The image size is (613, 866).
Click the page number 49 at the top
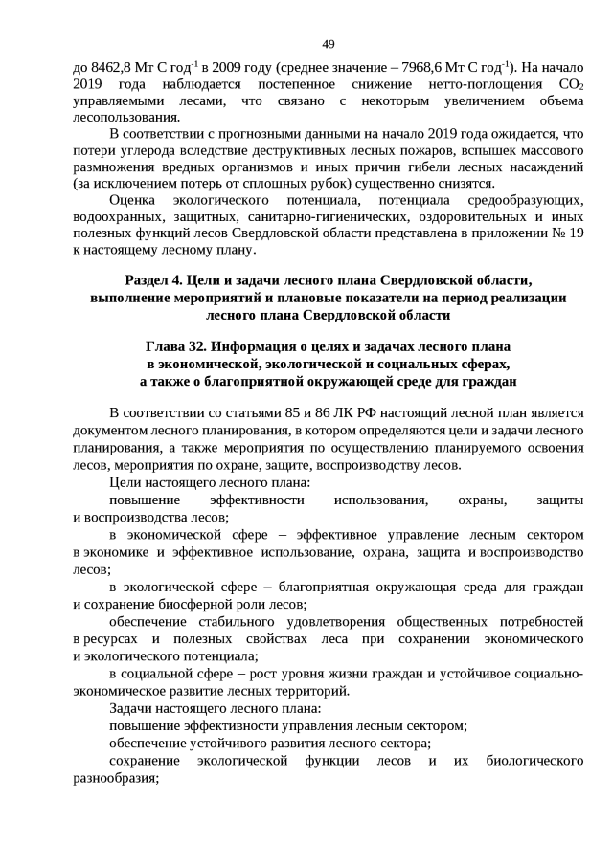328,44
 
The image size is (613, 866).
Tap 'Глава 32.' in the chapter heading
177,347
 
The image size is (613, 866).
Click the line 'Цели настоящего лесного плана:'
210,483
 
